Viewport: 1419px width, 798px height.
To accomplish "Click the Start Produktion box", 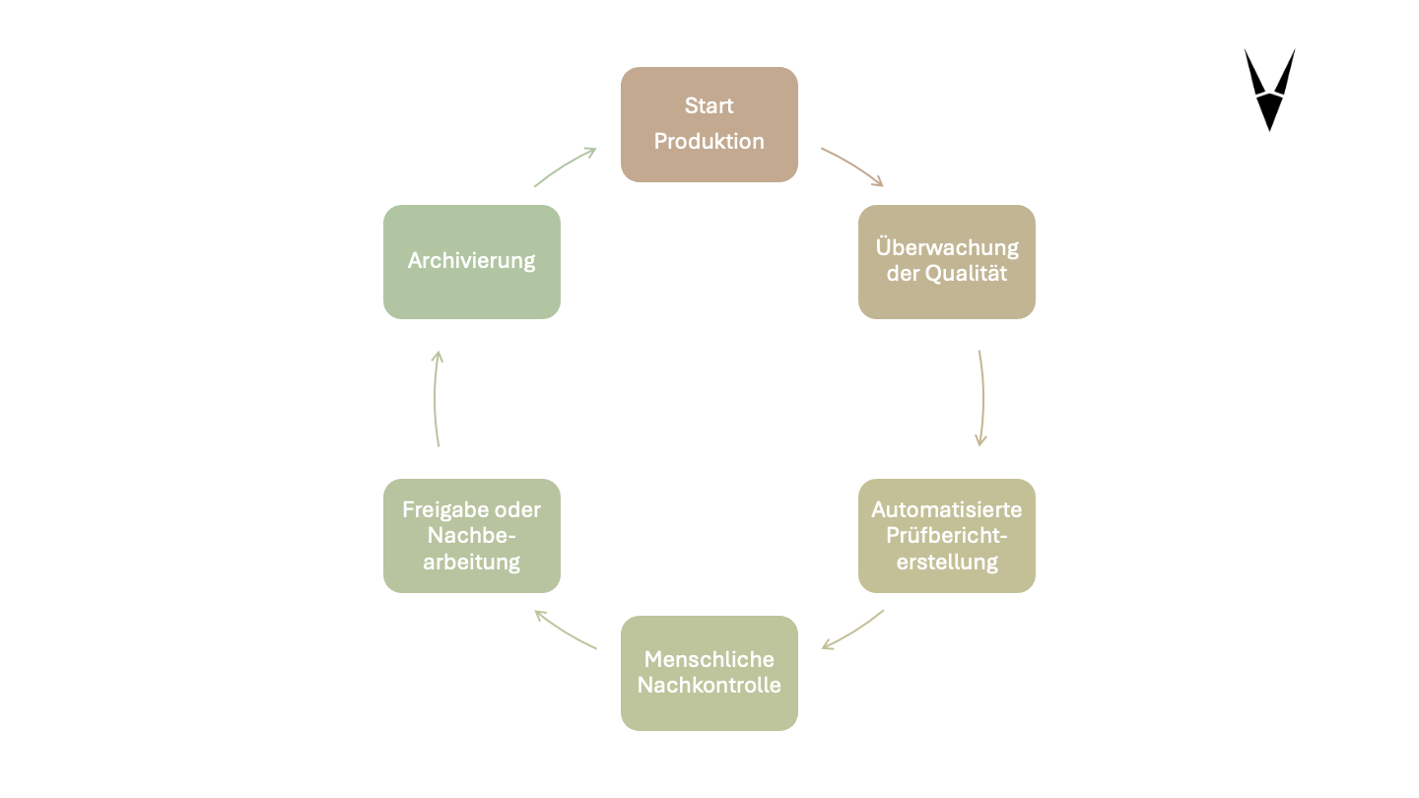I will coord(709,124).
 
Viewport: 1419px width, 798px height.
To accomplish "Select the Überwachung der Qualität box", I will coord(946,261).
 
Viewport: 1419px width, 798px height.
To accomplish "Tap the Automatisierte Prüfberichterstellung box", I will coord(946,535).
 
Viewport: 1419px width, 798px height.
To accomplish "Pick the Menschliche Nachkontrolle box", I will coord(709,673).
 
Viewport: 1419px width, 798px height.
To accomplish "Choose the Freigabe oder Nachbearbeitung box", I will coord(471,535).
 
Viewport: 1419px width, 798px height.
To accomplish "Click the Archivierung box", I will coord(471,261).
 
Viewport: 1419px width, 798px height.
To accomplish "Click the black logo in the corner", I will coord(1269,89).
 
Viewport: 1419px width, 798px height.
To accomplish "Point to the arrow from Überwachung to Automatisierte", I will coord(982,398).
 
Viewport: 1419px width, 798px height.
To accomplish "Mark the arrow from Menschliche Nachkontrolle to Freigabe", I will coord(565,632).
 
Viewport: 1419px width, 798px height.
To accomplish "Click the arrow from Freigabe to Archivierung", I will coord(436,398).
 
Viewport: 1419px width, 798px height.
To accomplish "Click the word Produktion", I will coord(709,141).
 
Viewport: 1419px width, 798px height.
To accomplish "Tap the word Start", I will coord(709,105).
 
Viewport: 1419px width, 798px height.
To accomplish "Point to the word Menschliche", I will coord(709,659).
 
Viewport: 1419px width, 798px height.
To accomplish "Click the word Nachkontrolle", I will coord(709,685).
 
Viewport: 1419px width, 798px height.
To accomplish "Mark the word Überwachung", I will coord(946,247).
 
